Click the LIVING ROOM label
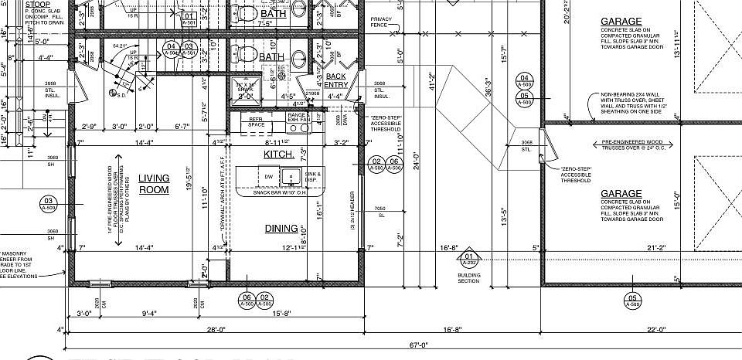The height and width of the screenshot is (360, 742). (x=154, y=184)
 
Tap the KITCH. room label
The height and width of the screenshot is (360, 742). (x=277, y=155)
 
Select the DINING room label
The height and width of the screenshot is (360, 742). (x=281, y=229)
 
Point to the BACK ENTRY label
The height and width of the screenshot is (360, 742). (x=335, y=80)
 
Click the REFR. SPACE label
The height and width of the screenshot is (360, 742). (x=257, y=122)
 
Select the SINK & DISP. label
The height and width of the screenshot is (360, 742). (x=311, y=177)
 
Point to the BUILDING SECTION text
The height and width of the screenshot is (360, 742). (x=468, y=277)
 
